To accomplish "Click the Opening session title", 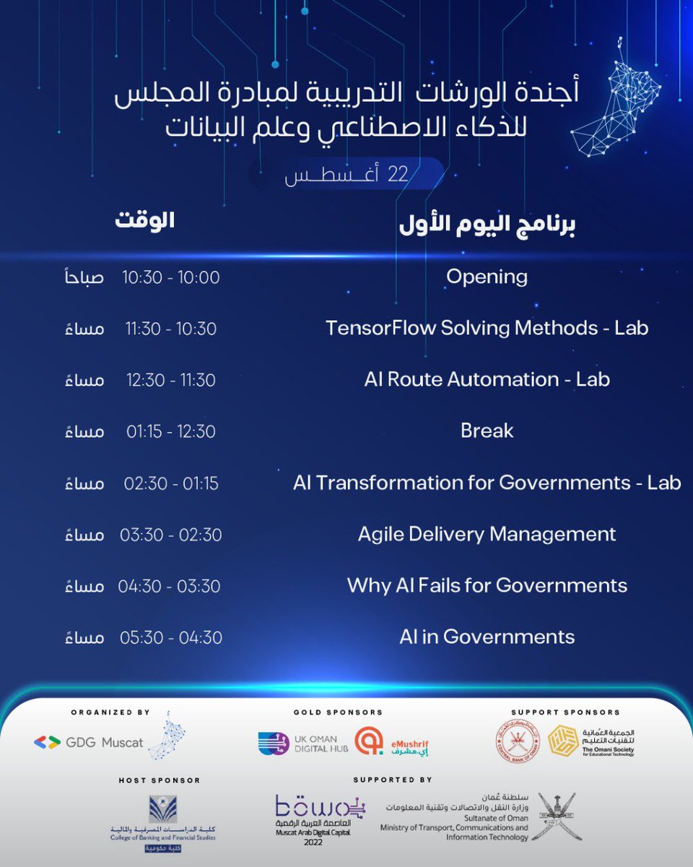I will tap(487, 277).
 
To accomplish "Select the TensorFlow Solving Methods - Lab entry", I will tap(487, 328).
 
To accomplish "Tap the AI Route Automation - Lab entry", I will tap(487, 379).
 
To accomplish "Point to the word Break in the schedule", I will tap(487, 431).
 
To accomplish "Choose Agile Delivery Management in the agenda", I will tap(487, 535).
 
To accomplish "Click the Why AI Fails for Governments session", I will tap(487, 585).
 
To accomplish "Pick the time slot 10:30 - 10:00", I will tap(171, 277).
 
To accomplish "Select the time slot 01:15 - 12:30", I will tap(171, 432).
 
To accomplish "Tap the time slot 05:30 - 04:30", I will tap(171, 638).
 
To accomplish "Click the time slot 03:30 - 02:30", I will tap(171, 535).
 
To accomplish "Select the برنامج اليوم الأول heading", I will tap(487, 225).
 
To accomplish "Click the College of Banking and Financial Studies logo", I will tap(162, 820).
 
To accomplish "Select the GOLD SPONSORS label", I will tap(338, 712).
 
